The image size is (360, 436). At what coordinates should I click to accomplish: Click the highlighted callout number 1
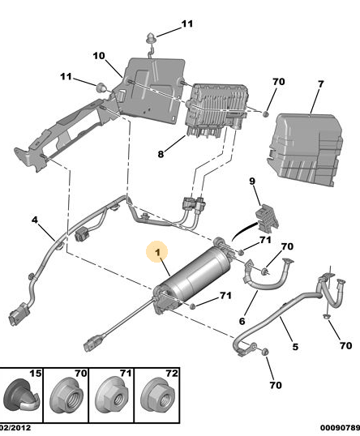tap(158, 252)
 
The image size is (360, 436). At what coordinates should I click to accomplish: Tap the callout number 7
tap(321, 84)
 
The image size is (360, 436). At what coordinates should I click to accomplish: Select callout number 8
tap(161, 154)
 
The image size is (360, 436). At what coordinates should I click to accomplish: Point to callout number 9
tap(252, 182)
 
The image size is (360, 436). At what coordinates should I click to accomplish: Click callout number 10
tap(99, 56)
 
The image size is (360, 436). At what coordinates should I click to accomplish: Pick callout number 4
tap(34, 220)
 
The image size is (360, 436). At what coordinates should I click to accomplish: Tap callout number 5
tap(295, 347)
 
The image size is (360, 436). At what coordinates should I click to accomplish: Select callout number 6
tap(242, 321)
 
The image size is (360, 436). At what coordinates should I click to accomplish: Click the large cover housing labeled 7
tap(305, 149)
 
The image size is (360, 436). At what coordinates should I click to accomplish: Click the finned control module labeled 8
tap(216, 109)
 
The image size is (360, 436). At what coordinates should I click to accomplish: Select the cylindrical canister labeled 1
tap(193, 276)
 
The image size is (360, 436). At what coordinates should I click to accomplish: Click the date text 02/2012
tap(15, 428)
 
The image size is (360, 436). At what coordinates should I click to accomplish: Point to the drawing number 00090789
tap(340, 428)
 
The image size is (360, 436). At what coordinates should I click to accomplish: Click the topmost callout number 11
tap(187, 24)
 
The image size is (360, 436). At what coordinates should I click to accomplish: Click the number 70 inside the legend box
tap(81, 373)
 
